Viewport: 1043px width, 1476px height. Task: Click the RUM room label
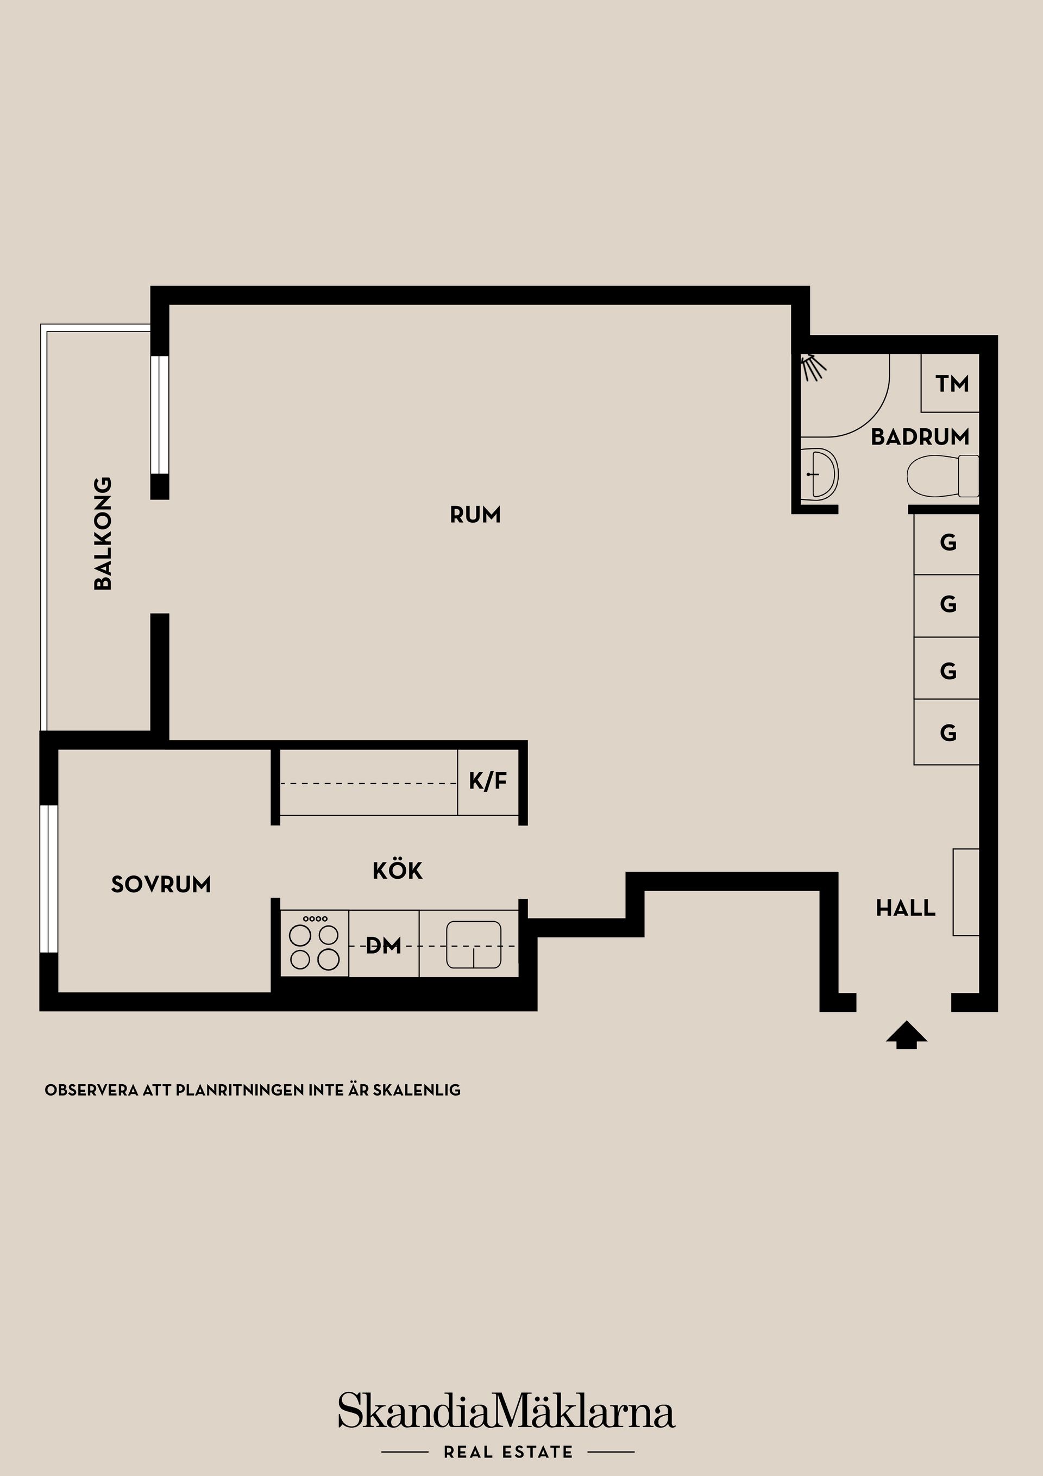pos(475,515)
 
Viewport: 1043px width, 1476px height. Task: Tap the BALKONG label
pos(103,533)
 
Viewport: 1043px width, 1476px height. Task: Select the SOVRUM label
pos(161,885)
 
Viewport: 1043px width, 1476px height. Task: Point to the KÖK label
pos(397,871)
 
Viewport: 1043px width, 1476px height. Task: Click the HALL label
pos(906,908)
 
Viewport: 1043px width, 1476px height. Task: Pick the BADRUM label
pos(920,437)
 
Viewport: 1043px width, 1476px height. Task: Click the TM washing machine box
pos(951,384)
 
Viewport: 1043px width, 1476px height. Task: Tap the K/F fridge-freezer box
pos(488,781)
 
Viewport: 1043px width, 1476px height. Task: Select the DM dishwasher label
pos(383,946)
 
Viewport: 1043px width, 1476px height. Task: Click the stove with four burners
pos(314,945)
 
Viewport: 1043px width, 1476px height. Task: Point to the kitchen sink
pos(474,945)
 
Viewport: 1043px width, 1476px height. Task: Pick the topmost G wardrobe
pos(947,543)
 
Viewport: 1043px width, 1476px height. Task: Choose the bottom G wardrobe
pos(947,733)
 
